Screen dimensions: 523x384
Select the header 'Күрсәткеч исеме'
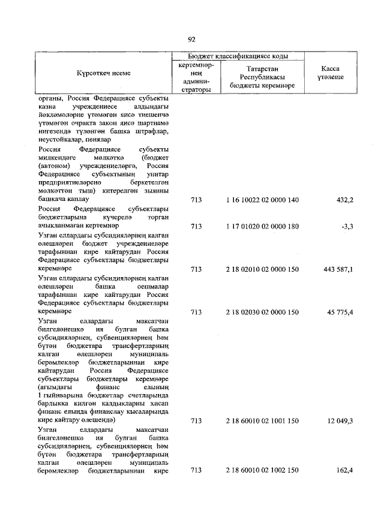click(103, 73)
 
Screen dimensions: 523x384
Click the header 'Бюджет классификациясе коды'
click(238, 56)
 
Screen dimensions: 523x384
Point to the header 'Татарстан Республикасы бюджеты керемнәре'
click(262, 77)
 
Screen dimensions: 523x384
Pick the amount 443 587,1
click(338, 270)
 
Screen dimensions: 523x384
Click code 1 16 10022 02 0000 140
click(262, 199)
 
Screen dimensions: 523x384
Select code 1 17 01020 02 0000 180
click(262, 227)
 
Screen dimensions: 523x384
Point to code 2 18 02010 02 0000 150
click(262, 270)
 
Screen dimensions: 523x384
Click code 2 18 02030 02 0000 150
click(262, 312)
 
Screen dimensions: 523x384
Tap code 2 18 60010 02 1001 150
click(262, 422)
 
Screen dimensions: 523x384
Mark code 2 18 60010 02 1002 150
click(262, 471)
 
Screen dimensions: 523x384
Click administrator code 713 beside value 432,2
click(196, 199)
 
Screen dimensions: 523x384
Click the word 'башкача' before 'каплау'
click(53, 198)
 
